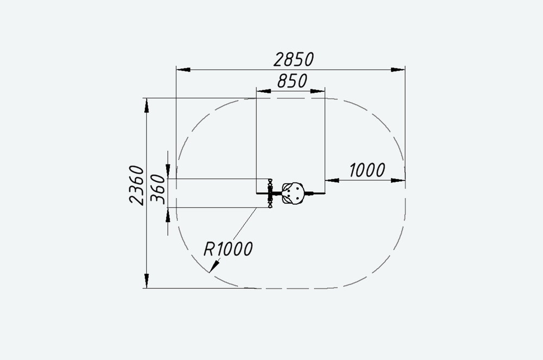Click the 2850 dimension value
pos(294,60)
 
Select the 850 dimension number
pos(292,81)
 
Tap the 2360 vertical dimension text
pos(136,185)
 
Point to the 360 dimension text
pos(158,189)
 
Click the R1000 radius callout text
pos(228,249)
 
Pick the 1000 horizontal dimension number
pos(367,170)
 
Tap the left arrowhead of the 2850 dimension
pos(183,70)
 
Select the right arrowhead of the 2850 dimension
pos(398,70)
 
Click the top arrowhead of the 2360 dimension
pos(147,105)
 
